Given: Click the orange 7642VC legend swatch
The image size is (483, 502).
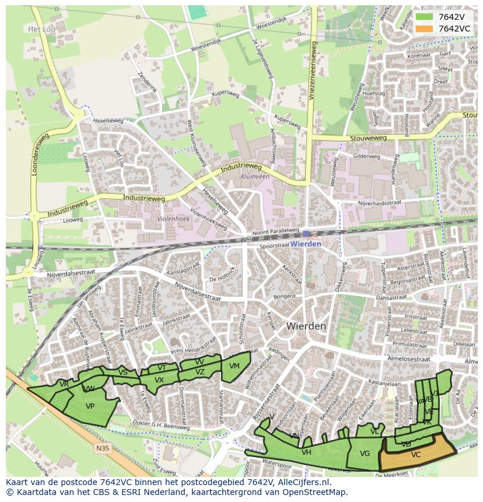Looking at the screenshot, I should [425, 29].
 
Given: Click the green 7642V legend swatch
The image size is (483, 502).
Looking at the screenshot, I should [425, 17].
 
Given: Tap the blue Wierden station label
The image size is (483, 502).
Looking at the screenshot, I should [306, 244].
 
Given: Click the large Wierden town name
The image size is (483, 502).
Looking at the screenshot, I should [306, 327].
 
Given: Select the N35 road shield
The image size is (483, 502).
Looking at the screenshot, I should [102, 448].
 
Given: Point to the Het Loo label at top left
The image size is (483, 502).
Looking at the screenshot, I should [41, 29].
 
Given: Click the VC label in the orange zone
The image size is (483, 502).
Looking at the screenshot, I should [416, 455].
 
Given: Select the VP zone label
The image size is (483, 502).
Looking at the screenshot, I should [90, 406].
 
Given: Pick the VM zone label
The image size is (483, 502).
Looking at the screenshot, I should [235, 366].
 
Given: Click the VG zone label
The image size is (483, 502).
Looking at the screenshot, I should [365, 454].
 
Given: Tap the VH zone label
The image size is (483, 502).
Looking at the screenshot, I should [306, 452].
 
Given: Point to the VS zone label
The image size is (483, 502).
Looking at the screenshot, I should [123, 373].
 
